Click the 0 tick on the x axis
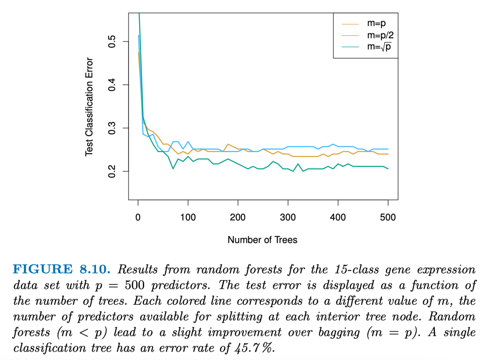(x=138, y=217)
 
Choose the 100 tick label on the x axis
(x=188, y=217)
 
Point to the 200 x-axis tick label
(x=238, y=217)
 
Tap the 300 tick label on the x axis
(x=288, y=217)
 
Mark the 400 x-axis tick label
(x=338, y=217)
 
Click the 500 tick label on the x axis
(x=388, y=217)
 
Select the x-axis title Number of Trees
(x=262, y=240)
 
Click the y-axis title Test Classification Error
(x=89, y=107)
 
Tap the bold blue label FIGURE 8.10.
(x=61, y=270)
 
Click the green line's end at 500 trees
(x=388, y=169)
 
